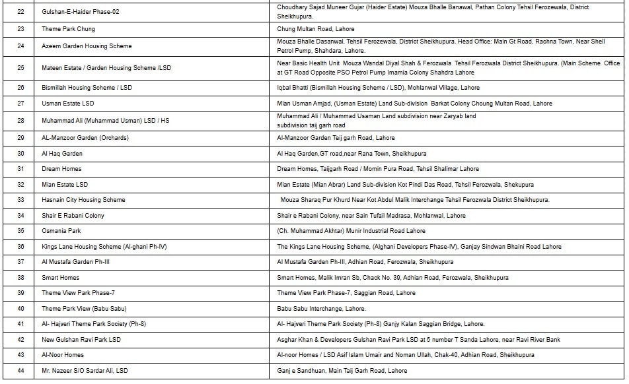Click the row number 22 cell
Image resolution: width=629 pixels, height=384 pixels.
click(20, 12)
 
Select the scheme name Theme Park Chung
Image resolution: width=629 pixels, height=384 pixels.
click(68, 29)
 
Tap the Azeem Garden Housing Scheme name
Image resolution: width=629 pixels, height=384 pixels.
click(87, 46)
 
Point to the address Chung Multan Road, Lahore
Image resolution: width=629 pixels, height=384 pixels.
click(316, 29)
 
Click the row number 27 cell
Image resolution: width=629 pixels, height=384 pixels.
click(20, 104)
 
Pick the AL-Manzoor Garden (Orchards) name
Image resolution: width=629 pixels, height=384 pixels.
click(85, 138)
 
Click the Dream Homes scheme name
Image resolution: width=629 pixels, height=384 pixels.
click(61, 169)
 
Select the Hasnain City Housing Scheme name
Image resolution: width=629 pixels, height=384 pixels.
click(83, 200)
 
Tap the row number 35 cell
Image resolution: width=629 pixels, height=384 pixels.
click(20, 231)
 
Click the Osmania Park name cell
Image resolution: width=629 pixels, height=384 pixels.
click(61, 231)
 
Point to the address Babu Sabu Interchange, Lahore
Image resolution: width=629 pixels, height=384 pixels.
click(321, 309)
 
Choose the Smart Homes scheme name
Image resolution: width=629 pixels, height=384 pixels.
click(60, 278)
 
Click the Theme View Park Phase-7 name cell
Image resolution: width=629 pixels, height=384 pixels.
click(78, 293)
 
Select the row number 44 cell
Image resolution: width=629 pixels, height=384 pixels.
click(20, 371)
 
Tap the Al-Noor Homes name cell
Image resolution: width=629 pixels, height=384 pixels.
click(63, 355)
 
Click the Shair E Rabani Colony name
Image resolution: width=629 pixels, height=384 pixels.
click(73, 216)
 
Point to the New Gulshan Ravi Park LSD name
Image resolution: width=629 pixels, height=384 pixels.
click(81, 340)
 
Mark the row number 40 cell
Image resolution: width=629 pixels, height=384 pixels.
click(20, 309)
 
